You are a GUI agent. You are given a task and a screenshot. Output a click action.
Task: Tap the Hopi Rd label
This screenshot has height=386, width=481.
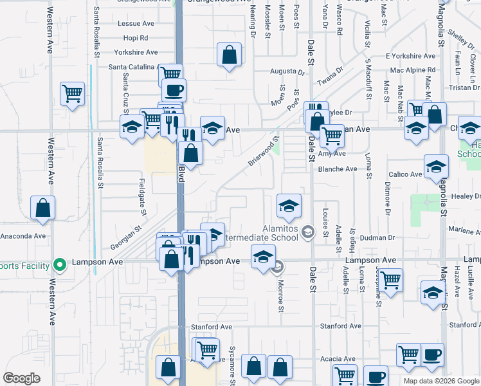(135, 38)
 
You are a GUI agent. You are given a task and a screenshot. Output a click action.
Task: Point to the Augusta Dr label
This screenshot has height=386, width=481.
(287, 71)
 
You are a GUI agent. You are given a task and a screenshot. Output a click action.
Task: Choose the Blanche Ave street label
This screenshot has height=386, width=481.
(337, 169)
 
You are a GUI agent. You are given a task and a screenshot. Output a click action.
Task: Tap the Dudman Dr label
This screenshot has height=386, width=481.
(377, 237)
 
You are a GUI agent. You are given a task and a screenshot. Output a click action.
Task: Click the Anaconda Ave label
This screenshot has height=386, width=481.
(23, 235)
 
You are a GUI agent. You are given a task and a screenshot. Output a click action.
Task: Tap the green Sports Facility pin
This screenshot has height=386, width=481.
(60, 264)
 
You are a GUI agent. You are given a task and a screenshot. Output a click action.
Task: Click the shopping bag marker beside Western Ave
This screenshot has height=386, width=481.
(42, 208)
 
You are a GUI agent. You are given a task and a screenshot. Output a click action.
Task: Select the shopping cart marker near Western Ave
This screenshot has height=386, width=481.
(73, 93)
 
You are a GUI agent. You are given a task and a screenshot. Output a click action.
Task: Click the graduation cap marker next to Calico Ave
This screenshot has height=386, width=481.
(436, 167)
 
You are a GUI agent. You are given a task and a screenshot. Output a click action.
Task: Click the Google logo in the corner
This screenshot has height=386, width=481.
(21, 378)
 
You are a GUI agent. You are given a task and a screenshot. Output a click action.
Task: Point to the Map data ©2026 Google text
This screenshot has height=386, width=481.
(441, 381)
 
